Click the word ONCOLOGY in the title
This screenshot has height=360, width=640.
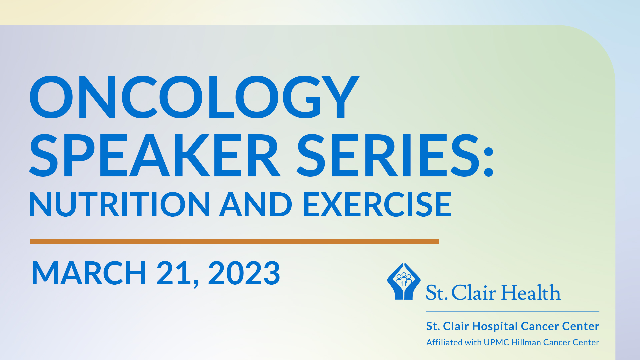point(194,97)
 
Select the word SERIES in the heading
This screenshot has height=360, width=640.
point(388,155)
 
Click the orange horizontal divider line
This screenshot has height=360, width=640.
point(234,242)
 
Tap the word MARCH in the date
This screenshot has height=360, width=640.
point(89,273)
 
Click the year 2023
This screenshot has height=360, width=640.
point(244,273)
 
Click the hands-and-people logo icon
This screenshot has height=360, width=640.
point(404,281)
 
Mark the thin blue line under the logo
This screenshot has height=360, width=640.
point(513,311)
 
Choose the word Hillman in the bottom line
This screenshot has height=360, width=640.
point(526,342)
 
